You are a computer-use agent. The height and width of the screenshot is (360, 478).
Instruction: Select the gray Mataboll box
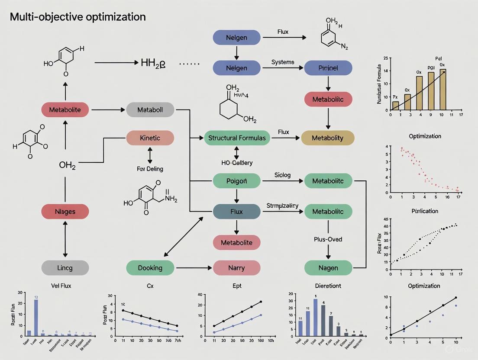point(150,110)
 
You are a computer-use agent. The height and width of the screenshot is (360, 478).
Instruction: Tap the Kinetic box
point(150,138)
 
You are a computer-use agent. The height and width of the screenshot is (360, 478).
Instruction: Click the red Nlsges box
point(65,212)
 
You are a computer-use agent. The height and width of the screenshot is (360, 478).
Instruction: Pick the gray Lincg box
point(65,268)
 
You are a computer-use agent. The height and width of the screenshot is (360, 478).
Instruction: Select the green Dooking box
point(150,268)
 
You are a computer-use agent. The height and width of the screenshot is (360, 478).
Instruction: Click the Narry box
point(236,268)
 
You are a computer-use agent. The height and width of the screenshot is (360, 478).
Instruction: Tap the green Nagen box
point(328,268)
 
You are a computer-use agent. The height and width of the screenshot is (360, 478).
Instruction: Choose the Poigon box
point(236,181)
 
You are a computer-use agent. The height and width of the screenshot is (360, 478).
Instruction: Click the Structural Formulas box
point(236,138)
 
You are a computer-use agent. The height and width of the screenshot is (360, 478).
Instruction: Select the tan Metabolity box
point(328,138)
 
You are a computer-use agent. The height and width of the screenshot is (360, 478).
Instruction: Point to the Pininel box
point(328,68)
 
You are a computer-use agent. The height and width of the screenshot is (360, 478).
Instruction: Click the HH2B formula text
point(153,63)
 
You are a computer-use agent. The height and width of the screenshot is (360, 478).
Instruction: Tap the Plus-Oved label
point(328,239)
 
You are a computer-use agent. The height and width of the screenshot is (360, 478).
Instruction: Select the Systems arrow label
point(283,62)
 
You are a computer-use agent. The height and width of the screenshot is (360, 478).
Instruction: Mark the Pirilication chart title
point(424,211)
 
